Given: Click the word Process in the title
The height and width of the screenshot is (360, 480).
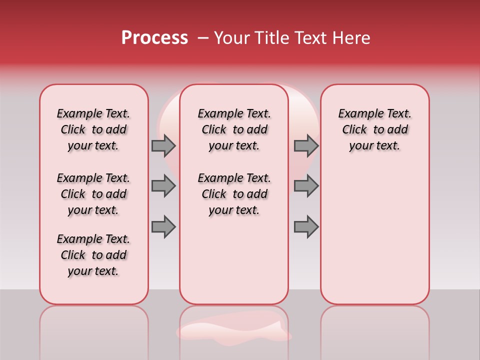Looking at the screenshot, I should click(x=154, y=38).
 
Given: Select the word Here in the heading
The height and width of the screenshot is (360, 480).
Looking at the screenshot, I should click(x=352, y=38).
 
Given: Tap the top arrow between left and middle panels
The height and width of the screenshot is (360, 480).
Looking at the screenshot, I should click(x=163, y=145).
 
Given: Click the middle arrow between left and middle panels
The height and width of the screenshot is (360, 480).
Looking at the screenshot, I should click(x=163, y=186).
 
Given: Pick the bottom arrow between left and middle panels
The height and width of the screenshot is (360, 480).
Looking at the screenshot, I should click(x=163, y=226).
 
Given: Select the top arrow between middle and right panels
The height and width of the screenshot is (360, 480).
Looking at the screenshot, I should click(x=306, y=145).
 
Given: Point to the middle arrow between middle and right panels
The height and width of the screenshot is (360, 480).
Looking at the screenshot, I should click(x=306, y=186).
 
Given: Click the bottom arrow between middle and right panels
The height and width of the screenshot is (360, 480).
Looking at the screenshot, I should click(x=306, y=226).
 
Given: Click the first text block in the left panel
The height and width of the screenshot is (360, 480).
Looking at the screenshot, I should click(x=93, y=129).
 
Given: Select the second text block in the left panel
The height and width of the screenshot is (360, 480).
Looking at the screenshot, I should click(x=93, y=194).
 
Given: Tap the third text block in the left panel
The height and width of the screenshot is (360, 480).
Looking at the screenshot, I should click(x=93, y=255).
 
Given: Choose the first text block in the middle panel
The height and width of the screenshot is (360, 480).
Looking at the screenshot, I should click(x=234, y=129).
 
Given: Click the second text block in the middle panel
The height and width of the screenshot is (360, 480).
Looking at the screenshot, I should click(x=234, y=194).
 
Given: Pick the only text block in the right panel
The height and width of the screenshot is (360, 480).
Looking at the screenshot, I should click(x=374, y=129).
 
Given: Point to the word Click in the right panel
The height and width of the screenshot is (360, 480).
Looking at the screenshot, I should click(x=354, y=129).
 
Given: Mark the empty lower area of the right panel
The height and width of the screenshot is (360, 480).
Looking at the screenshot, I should click(x=374, y=235).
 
